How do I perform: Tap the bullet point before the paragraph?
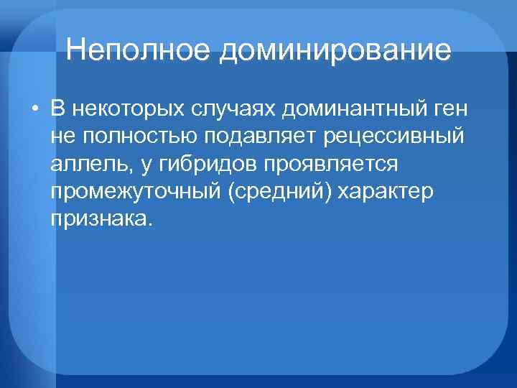[34, 110]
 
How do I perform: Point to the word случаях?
[236, 110]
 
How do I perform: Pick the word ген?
[448, 110]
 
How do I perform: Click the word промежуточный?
[137, 192]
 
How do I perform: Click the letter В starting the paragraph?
[58, 110]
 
